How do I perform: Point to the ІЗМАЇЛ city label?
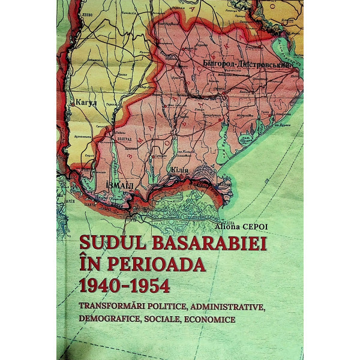[121, 185]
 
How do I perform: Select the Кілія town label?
[178, 170]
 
